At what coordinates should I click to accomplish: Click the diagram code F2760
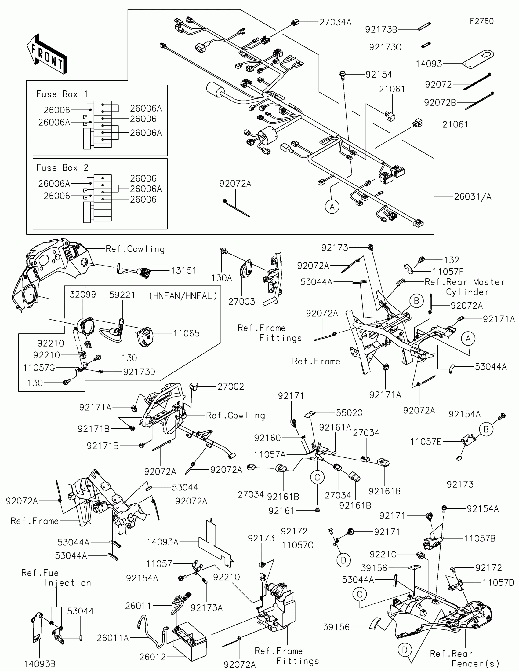[481, 21]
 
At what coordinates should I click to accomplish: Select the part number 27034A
[335, 22]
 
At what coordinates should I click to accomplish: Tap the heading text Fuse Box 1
[62, 94]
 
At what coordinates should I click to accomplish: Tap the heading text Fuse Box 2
[62, 168]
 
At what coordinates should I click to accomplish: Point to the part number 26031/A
[473, 197]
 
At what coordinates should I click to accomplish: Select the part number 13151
[183, 271]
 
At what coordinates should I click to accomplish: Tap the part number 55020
[349, 413]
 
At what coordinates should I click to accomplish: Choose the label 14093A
[162, 542]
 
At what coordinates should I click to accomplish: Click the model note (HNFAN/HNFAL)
[183, 296]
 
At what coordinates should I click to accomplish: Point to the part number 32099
[83, 295]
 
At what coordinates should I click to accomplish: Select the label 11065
[186, 333]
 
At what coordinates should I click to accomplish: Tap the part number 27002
[231, 387]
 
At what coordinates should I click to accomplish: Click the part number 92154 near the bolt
[379, 75]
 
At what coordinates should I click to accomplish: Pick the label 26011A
[113, 638]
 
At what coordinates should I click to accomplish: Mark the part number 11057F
[448, 272]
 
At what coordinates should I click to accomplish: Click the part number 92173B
[381, 30]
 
